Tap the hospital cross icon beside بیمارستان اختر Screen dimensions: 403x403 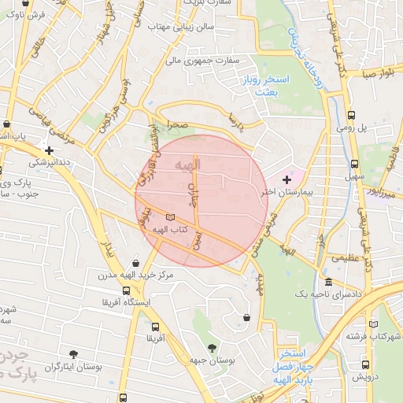click(286, 180)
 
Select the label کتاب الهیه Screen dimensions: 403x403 click(169, 228)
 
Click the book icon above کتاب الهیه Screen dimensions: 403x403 click(171, 216)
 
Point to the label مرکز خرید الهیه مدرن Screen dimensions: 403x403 click(135, 275)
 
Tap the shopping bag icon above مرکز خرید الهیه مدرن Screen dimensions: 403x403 click(137, 263)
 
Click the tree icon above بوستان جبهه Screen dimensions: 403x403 click(211, 347)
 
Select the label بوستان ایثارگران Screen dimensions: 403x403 click(74, 367)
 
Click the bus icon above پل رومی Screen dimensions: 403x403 click(350, 114)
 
